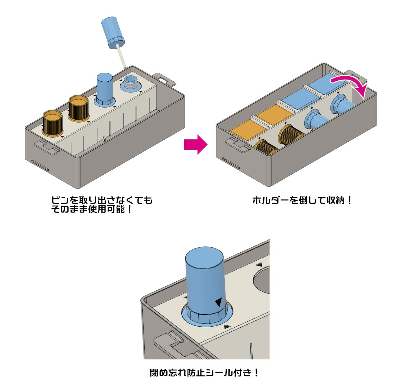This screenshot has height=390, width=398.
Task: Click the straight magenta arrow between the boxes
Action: point(195,144)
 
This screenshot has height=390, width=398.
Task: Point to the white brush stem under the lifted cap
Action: point(122,57)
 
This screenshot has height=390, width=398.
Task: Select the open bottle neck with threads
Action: point(130,83)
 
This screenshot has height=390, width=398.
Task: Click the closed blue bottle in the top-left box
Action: point(105,88)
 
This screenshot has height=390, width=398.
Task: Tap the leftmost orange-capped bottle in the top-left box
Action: point(52,123)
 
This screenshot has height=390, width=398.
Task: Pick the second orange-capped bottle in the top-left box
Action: point(79,108)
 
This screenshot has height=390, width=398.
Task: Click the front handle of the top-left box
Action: point(47,148)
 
